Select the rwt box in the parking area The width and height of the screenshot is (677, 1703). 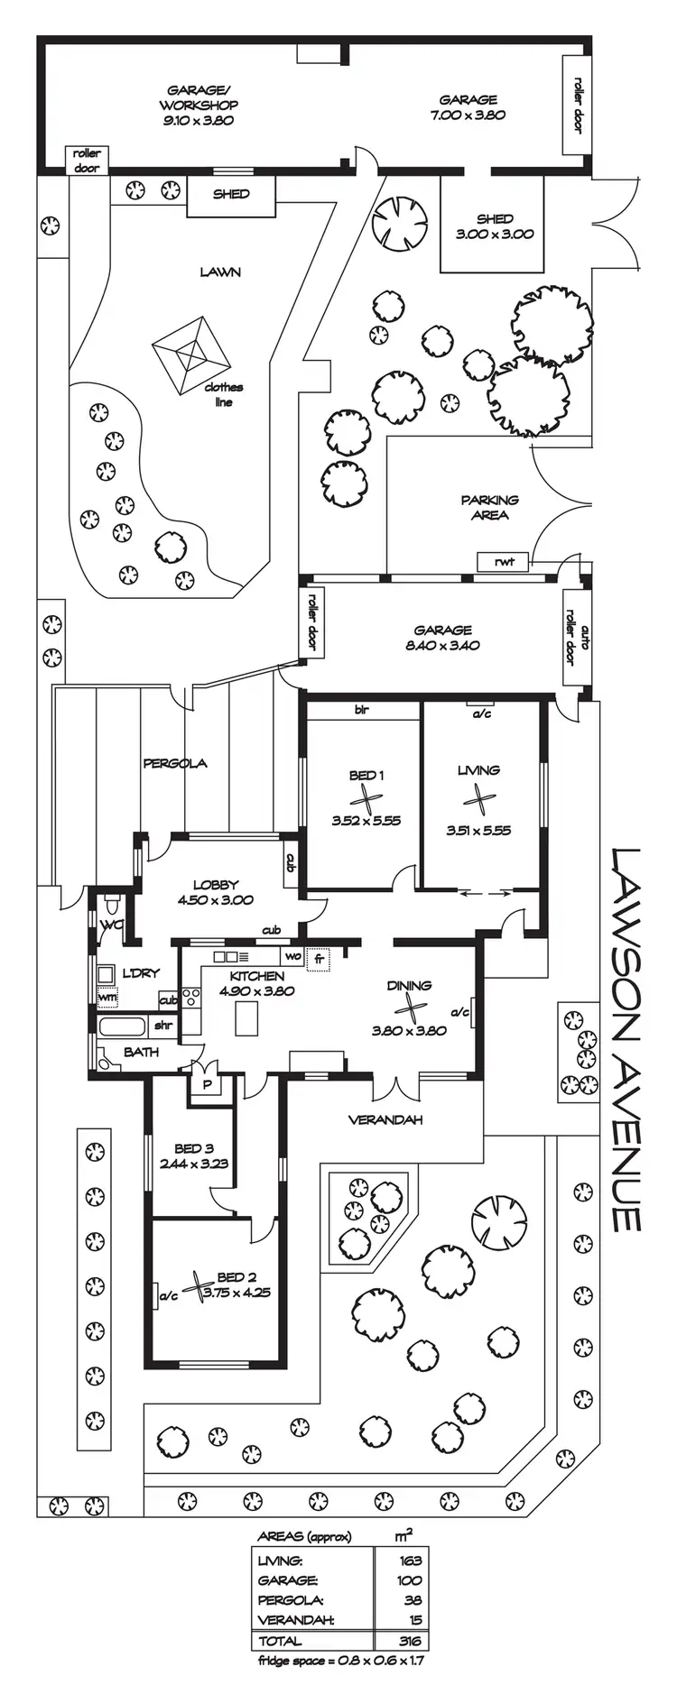click(504, 562)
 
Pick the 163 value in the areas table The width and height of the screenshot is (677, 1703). click(412, 1560)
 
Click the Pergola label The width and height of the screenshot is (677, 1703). click(175, 763)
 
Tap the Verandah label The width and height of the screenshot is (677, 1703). click(386, 1119)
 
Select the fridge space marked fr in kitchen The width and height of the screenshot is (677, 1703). click(319, 958)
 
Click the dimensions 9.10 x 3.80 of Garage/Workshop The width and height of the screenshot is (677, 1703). click(199, 121)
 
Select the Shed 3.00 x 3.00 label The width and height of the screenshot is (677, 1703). click(494, 226)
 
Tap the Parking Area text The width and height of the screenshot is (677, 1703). click(489, 507)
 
